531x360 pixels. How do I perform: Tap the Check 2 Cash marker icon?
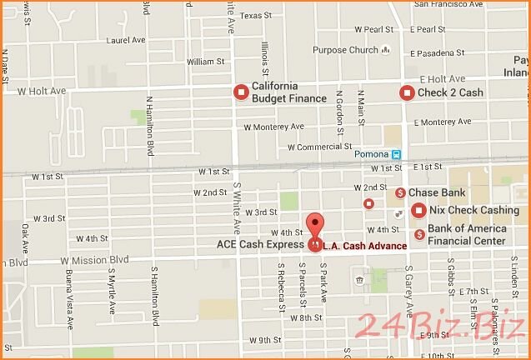(x=406, y=92)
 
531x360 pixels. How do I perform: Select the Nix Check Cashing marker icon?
(x=418, y=210)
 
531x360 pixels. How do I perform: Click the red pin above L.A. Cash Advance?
(x=314, y=226)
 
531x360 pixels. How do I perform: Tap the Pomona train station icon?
(x=398, y=154)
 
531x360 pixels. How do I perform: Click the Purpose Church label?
(x=346, y=50)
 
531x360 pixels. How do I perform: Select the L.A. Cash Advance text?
(x=364, y=246)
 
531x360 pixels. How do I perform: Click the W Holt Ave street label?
(x=41, y=90)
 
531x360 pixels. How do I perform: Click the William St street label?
(x=206, y=62)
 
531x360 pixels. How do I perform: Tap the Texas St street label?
(x=256, y=15)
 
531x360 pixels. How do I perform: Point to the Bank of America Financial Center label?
(x=467, y=234)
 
